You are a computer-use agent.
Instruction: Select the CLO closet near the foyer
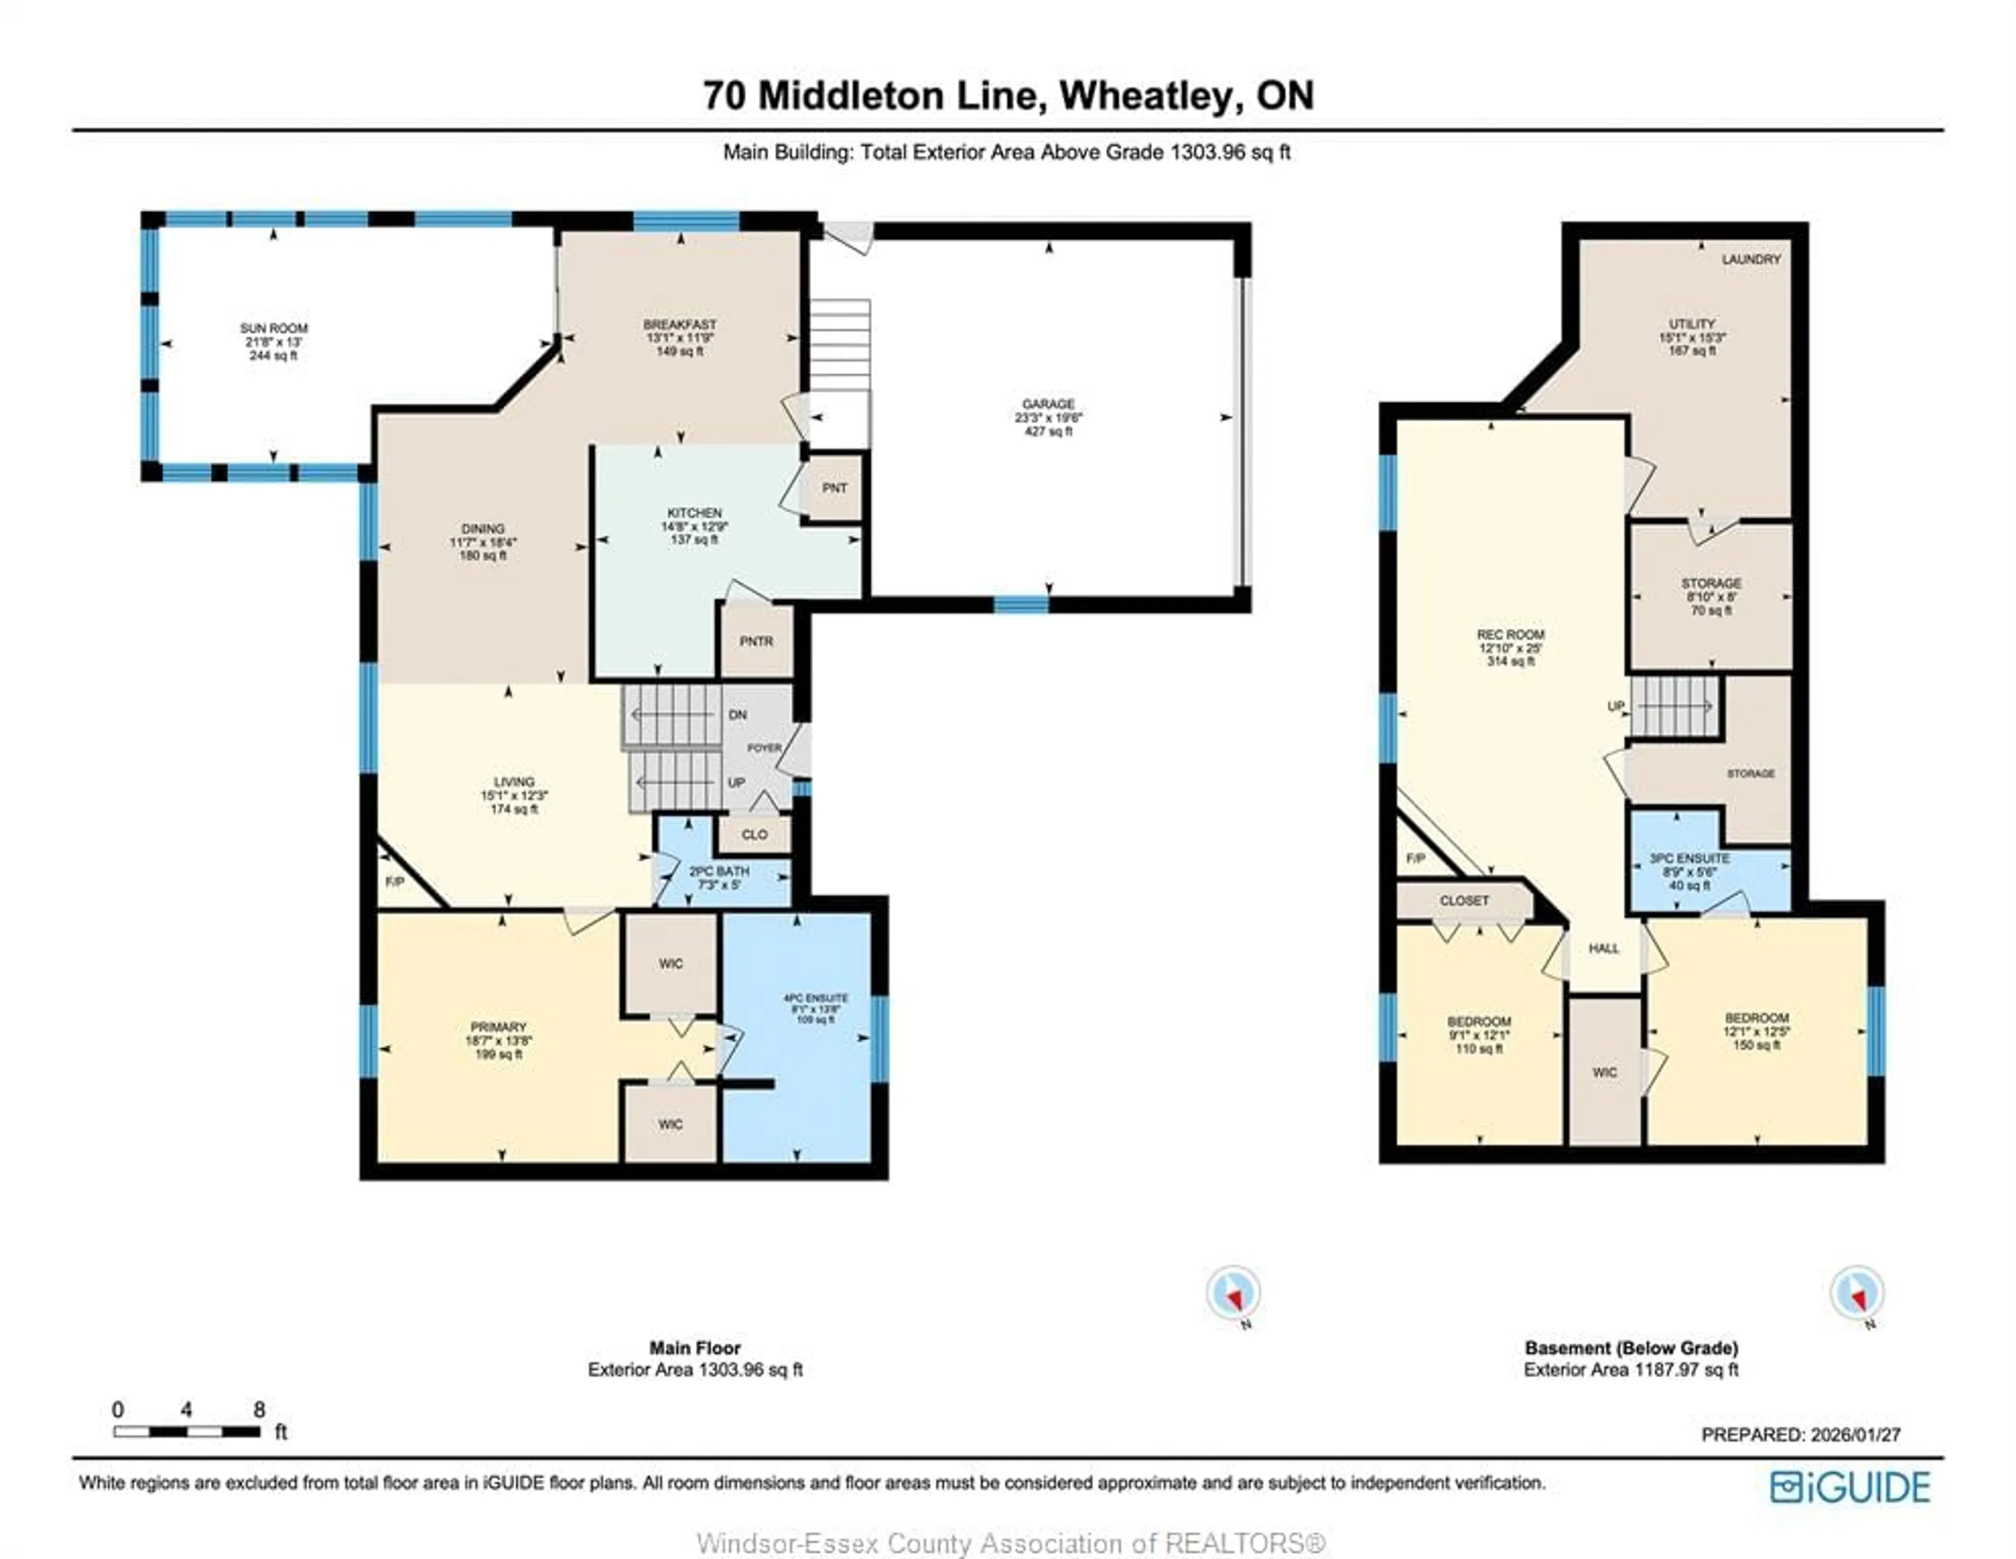pos(754,835)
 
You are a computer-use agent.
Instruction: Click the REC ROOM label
pos(1510,635)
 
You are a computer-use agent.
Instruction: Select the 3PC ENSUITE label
pos(1689,858)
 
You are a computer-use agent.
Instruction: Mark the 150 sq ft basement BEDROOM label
pos(1757,1018)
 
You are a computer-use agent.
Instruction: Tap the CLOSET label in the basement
pos(1464,900)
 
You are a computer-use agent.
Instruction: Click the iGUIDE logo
pos(1850,1487)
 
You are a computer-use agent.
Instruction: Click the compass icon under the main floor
pos(1233,1294)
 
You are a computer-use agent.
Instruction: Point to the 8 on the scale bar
pos(259,1409)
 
